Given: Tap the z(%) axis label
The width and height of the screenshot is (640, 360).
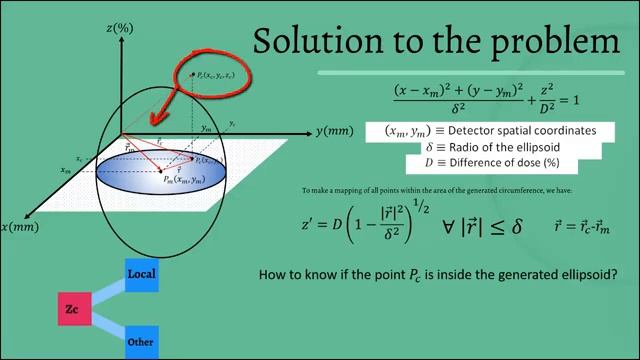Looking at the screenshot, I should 120,29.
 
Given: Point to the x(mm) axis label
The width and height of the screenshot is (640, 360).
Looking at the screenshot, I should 20,228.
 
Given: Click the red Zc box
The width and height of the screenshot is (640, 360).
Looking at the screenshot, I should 72,310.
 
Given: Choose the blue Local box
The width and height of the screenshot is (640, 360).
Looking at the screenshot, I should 142,274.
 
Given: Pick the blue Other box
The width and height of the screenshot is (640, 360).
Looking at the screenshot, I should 141,342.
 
